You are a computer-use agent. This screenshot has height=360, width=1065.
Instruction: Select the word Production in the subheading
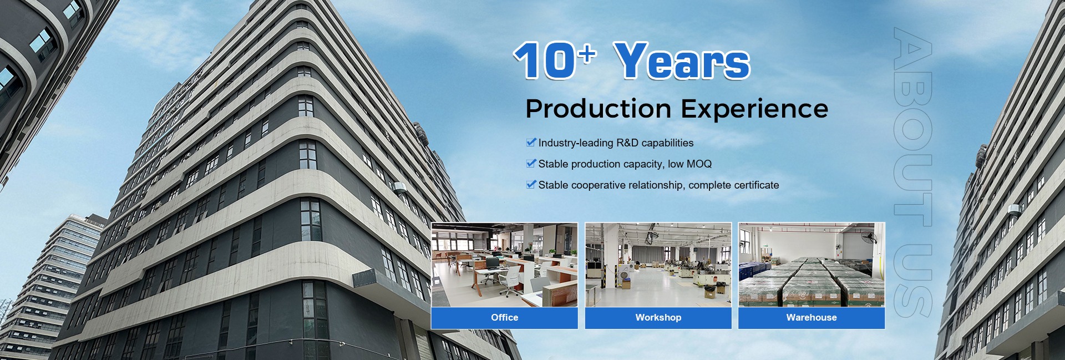[599, 109]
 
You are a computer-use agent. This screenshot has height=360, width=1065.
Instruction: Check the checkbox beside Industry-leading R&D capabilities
[531, 142]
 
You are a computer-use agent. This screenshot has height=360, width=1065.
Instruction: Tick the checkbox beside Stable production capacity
[531, 163]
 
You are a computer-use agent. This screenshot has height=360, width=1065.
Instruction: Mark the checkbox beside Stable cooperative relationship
[531, 184]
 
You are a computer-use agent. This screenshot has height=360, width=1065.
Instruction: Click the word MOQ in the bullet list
[699, 164]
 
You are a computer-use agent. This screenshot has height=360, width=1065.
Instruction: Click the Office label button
[504, 318]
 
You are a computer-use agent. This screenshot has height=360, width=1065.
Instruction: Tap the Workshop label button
[658, 318]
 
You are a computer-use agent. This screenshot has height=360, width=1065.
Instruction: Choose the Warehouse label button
[812, 318]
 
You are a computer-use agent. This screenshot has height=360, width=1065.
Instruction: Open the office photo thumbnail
[504, 265]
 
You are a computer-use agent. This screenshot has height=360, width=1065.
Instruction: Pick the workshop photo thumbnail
[658, 265]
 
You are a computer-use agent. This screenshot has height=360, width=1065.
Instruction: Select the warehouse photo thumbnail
[812, 265]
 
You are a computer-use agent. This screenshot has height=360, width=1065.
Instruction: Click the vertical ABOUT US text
[912, 172]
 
